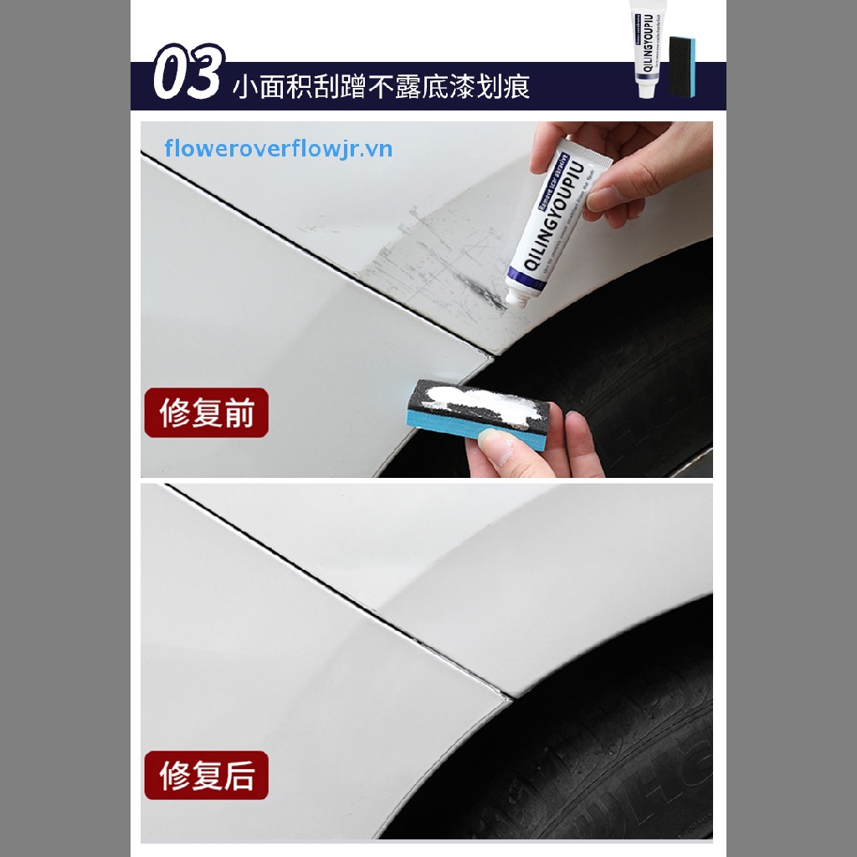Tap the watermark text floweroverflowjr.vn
coord(279,149)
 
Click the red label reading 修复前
coord(206,413)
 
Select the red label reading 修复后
coord(206,775)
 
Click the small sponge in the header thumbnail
coord(683,67)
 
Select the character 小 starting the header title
coord(244,87)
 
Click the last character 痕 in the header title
coord(517,87)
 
